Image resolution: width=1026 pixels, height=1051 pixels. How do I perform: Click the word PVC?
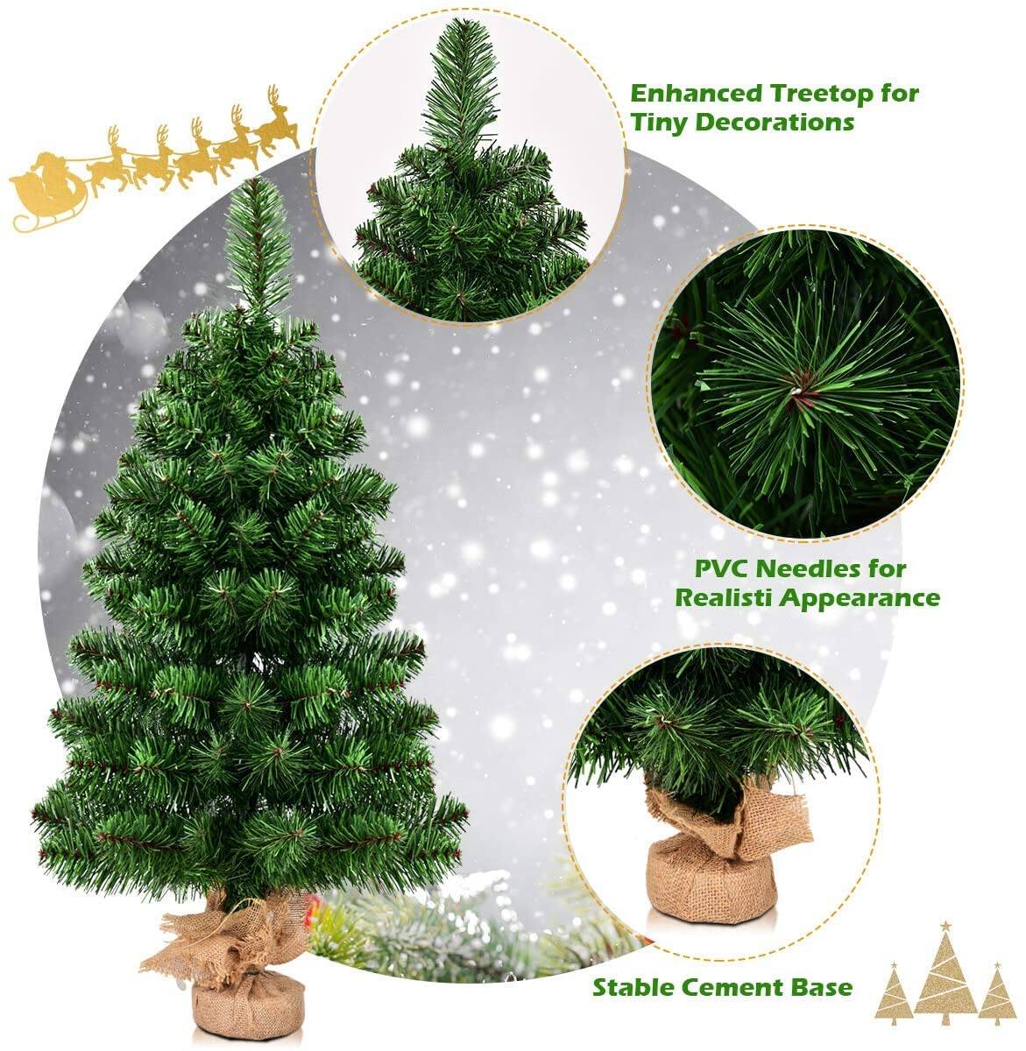(x=721, y=568)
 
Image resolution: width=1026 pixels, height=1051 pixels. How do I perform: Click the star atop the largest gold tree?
(x=945, y=927)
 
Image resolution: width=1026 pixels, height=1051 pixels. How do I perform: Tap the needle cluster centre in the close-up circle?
(x=797, y=385)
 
